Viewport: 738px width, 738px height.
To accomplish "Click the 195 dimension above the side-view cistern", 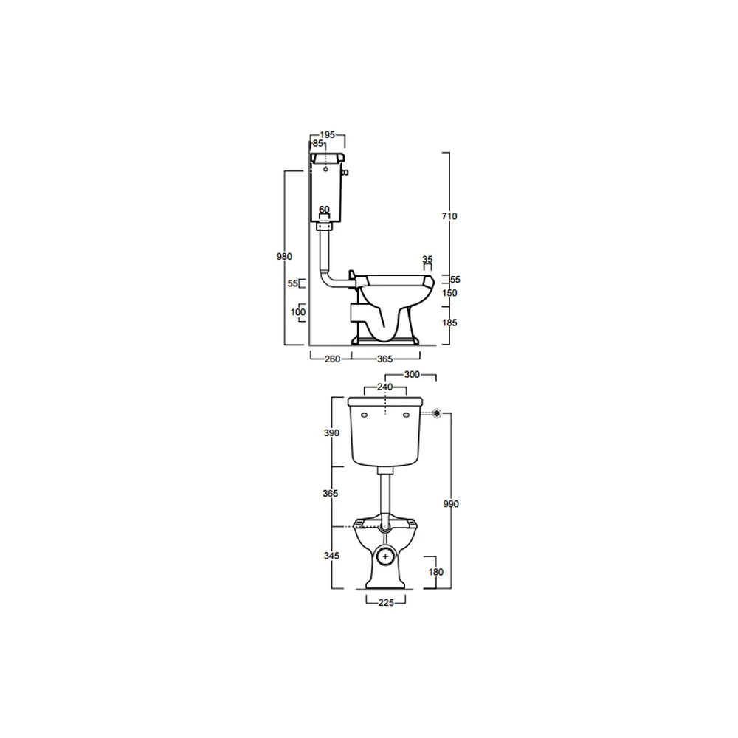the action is (x=327, y=134).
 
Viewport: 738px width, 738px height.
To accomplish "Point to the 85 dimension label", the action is (x=317, y=144).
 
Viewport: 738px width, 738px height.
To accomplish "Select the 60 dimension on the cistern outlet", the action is (x=324, y=210).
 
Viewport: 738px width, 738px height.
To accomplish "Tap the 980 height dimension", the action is (x=284, y=257).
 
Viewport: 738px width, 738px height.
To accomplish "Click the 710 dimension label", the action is (x=449, y=216).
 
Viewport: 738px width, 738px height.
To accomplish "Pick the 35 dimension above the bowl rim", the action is (x=427, y=259).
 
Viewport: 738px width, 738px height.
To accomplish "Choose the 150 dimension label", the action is (x=449, y=293).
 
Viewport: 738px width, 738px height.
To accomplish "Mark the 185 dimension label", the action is (x=449, y=323).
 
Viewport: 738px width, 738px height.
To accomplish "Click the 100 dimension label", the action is (x=298, y=312).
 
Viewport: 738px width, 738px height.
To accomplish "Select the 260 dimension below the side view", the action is (x=332, y=359).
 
